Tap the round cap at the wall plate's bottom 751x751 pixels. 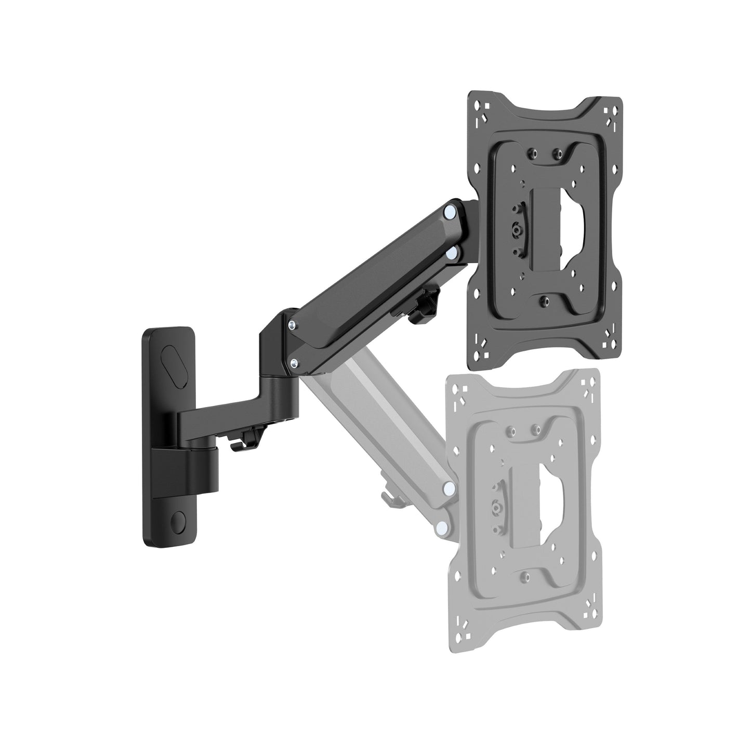[x=179, y=520]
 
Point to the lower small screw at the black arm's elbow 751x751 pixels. [x=295, y=362]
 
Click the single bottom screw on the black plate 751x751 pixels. [x=544, y=301]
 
